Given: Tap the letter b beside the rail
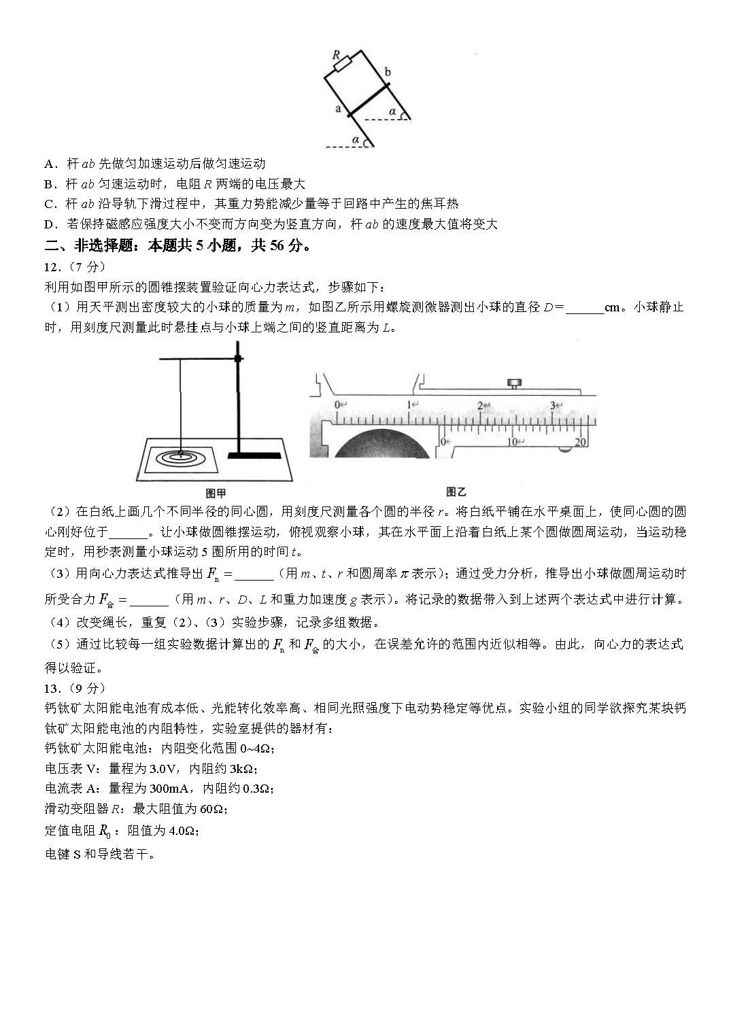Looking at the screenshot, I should (x=388, y=71).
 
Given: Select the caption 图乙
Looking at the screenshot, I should (x=456, y=492).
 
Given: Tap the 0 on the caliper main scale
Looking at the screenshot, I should (x=337, y=404).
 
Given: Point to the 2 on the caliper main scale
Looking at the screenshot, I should (x=481, y=405).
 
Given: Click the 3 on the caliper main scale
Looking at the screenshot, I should (x=553, y=405).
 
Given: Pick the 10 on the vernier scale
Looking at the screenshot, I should (x=512, y=442).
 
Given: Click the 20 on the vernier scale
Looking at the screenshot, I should (x=581, y=442).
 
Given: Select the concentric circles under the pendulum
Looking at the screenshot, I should (x=181, y=457).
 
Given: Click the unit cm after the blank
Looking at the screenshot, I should (x=612, y=307).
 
